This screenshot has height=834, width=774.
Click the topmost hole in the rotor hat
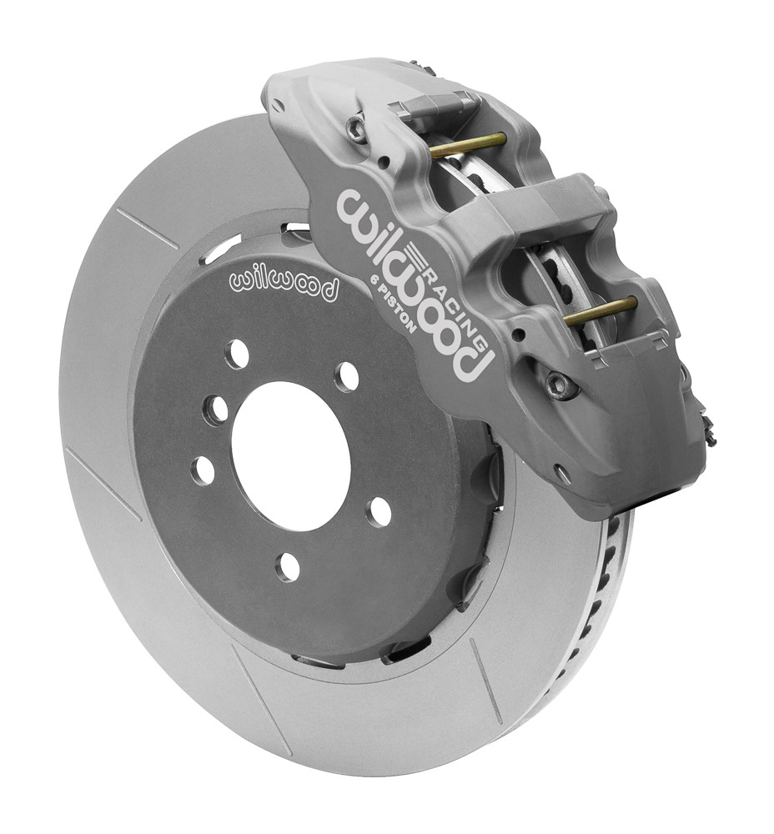[238, 354]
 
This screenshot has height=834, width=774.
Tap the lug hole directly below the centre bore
[288, 567]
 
